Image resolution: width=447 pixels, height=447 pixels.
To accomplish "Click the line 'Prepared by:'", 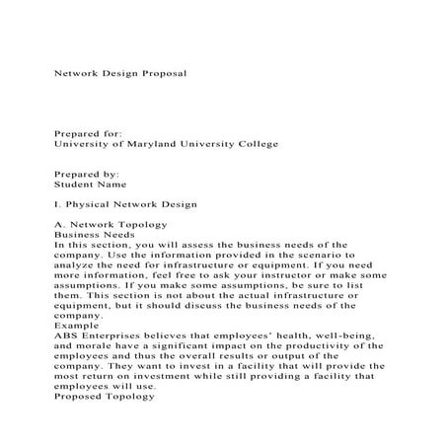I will point(86,173).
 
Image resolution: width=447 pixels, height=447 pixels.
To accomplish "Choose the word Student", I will point(75,184).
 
